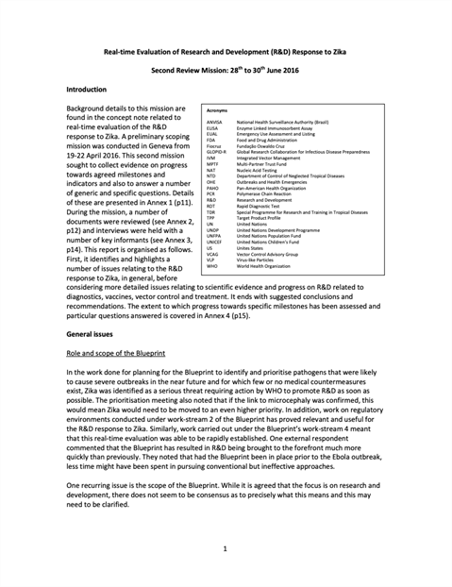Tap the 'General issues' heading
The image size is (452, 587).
tap(92, 334)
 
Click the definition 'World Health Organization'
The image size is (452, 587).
tap(273, 267)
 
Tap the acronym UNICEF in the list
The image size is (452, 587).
tap(214, 241)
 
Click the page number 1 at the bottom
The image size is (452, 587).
tap(226, 546)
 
